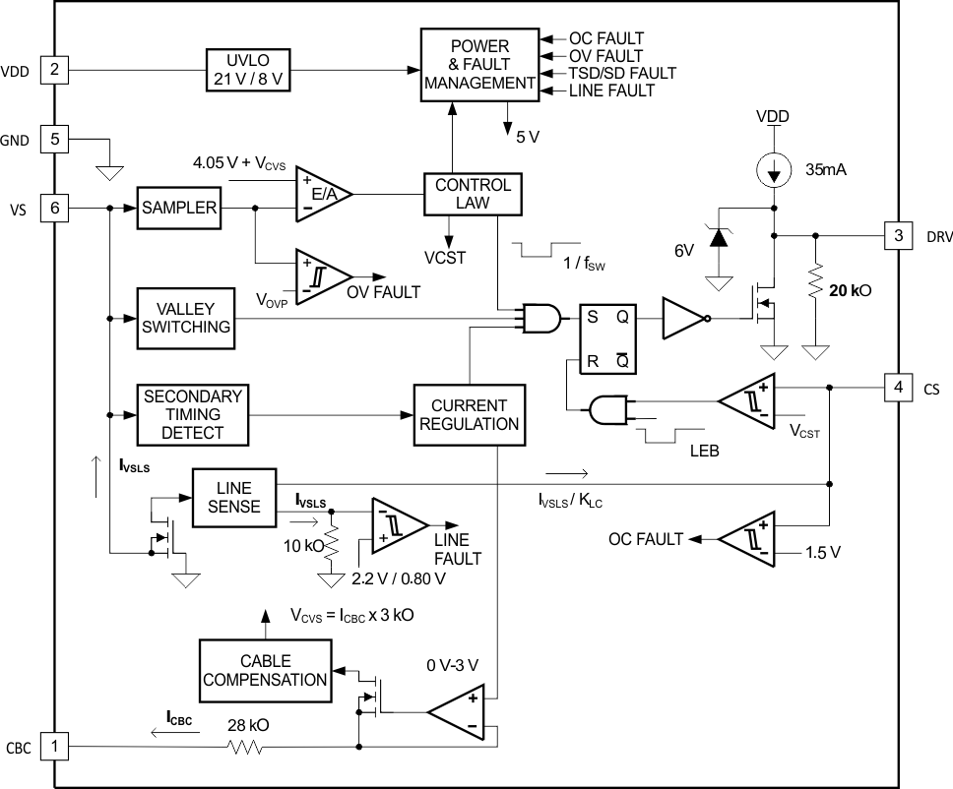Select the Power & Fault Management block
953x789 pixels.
(479, 65)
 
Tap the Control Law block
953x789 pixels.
(473, 194)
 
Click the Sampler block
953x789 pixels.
(178, 208)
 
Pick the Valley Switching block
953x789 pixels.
(186, 317)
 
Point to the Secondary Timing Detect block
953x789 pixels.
(193, 414)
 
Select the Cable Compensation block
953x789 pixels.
(265, 669)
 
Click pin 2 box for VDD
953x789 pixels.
(54, 70)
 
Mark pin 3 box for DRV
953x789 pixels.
(897, 236)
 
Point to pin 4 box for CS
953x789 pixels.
(897, 388)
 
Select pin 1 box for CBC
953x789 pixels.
(54, 746)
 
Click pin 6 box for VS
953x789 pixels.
(54, 208)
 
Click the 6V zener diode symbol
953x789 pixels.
(720, 237)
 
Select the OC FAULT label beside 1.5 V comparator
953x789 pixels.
(645, 538)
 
